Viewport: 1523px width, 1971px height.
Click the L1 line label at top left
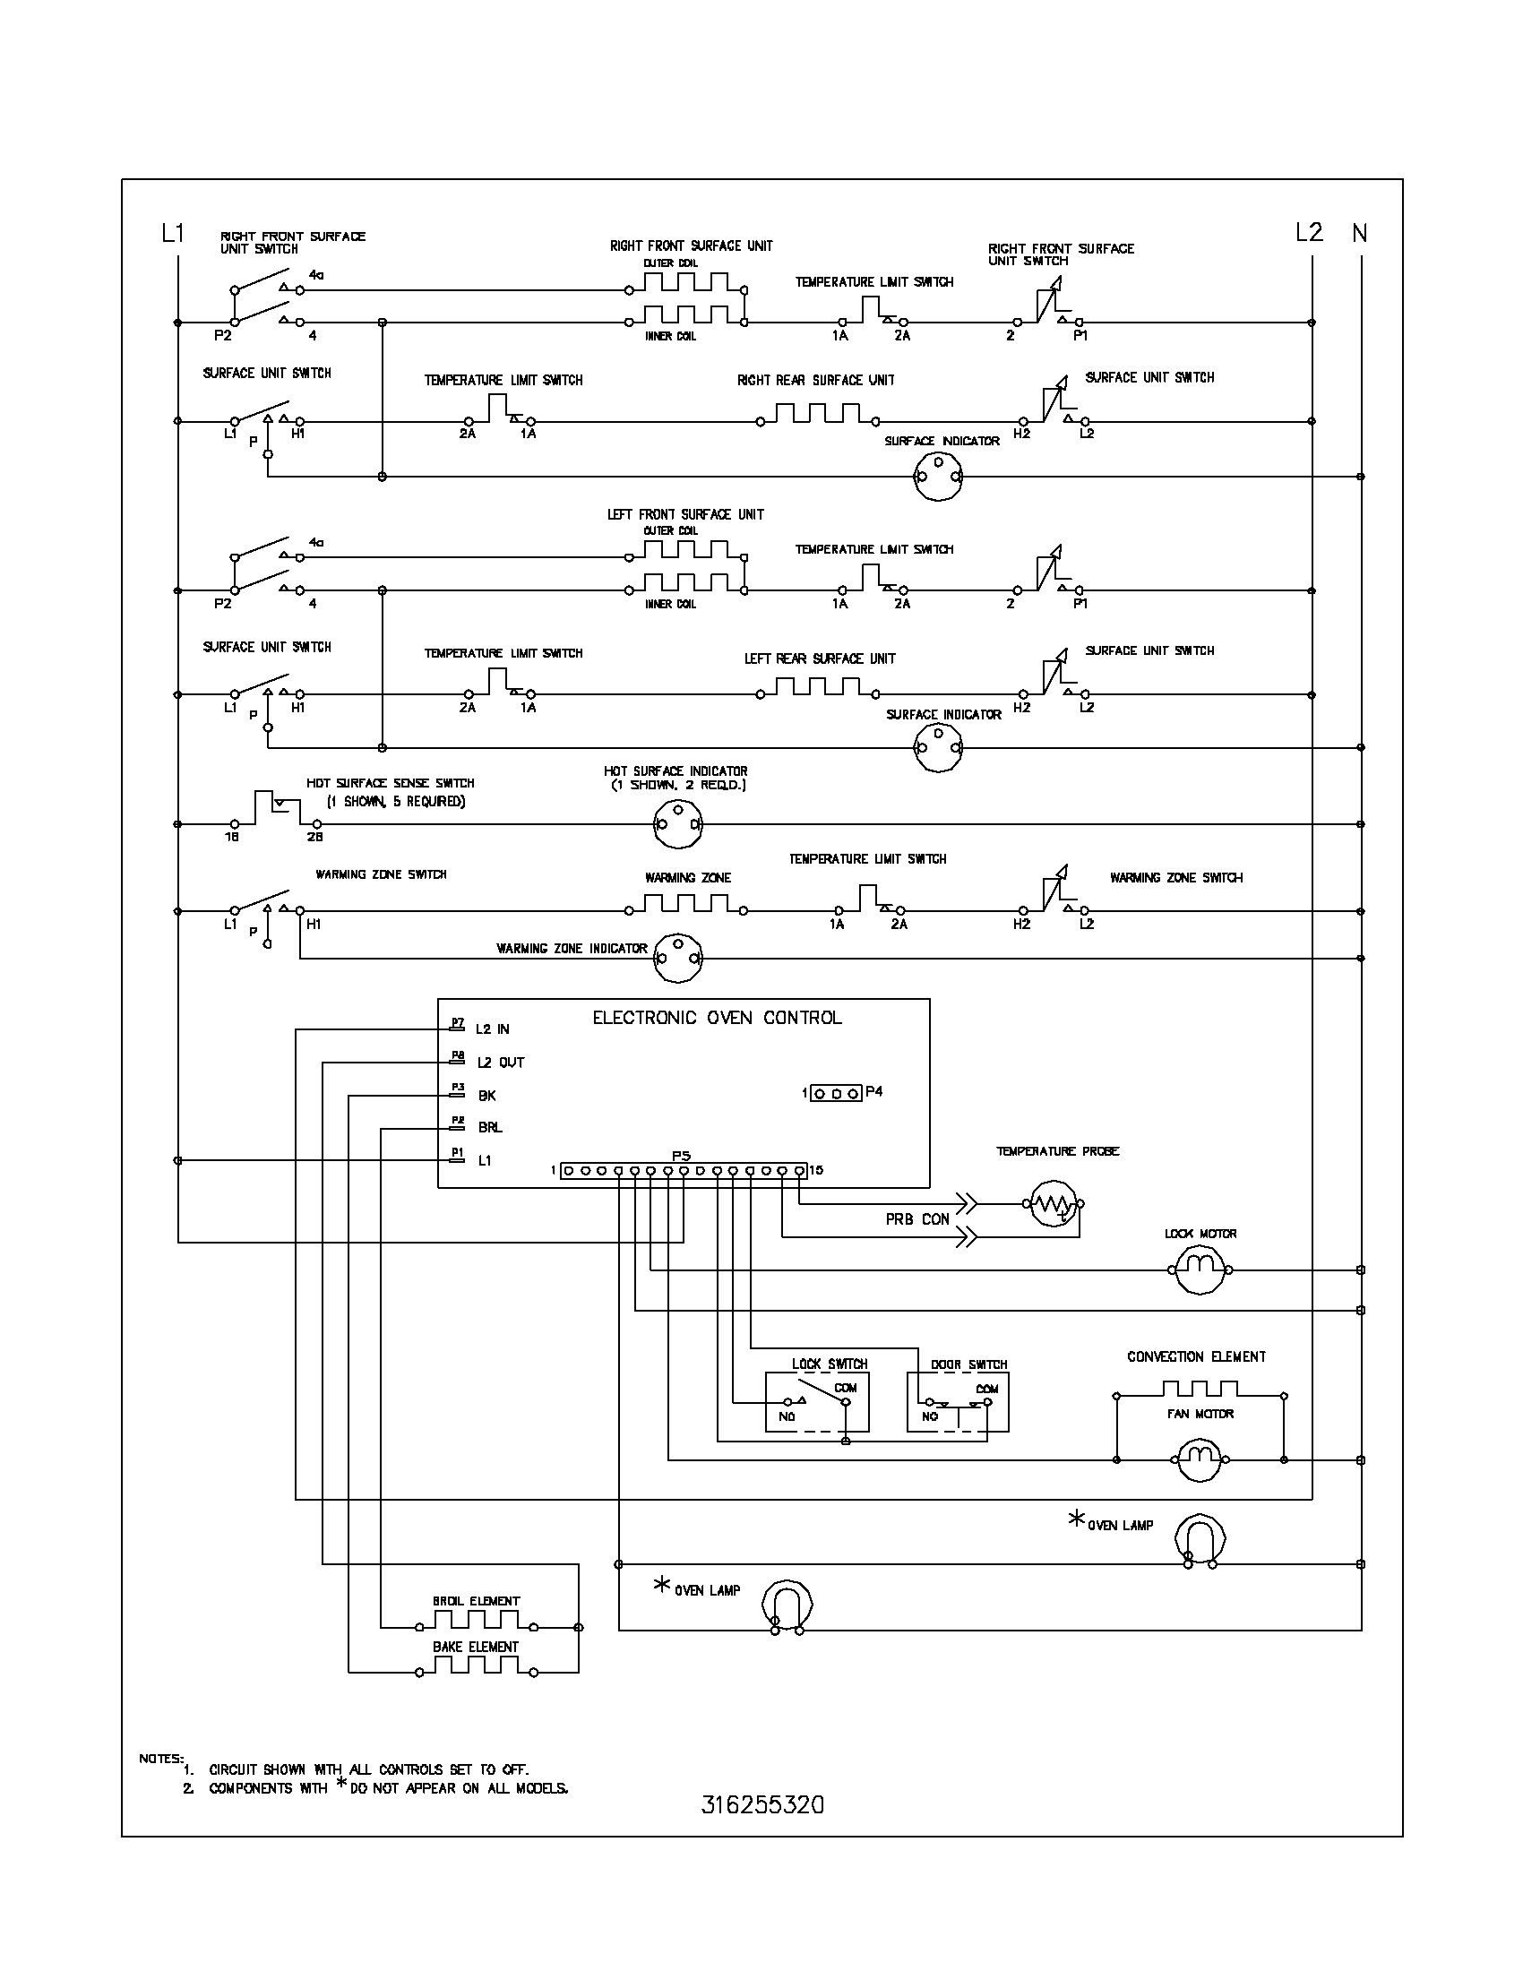click(172, 234)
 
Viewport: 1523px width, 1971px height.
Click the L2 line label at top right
click(1308, 233)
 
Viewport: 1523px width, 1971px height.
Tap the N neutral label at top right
click(1359, 234)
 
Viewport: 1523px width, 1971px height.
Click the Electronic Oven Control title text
click(717, 1018)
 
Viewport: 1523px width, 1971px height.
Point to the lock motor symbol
click(1200, 1270)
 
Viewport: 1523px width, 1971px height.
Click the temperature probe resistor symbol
click(1053, 1204)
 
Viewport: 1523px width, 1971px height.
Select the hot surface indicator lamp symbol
click(676, 825)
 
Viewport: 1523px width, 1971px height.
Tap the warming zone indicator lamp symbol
click(676, 959)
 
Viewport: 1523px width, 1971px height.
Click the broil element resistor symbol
click(476, 1624)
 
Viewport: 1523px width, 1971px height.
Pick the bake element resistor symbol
click(476, 1669)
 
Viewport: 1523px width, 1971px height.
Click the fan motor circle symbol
click(1200, 1459)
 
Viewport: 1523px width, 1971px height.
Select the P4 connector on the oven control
click(836, 1094)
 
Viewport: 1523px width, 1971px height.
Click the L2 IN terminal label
click(493, 1029)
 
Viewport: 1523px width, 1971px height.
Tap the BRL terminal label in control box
click(490, 1127)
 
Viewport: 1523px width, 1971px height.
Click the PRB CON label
click(916, 1219)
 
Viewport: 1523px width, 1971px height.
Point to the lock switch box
click(817, 1402)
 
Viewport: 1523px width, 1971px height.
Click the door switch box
click(958, 1402)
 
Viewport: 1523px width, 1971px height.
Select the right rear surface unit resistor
click(816, 416)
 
